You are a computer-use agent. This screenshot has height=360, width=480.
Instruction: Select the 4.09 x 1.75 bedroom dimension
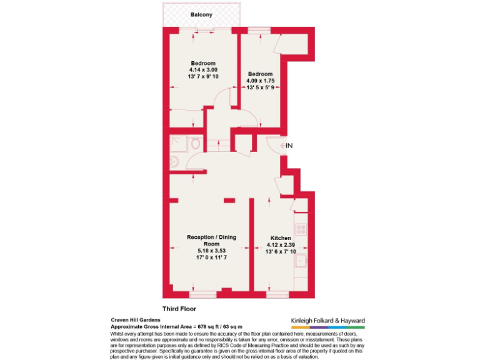pyautogui.click(x=260, y=81)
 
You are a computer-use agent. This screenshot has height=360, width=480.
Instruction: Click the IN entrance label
pyautogui.click(x=289, y=146)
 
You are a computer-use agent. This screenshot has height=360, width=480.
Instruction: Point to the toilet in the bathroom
pyautogui.click(x=196, y=144)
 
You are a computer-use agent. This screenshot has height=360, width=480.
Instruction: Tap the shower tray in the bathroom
pyautogui.click(x=178, y=143)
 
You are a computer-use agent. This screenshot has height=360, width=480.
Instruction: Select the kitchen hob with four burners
pyautogui.click(x=301, y=229)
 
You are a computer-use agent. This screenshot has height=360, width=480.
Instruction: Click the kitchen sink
pyautogui.click(x=301, y=261)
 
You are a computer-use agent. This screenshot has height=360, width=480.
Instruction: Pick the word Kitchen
pyautogui.click(x=280, y=238)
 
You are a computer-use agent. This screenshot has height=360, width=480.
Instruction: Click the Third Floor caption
pyautogui.click(x=179, y=309)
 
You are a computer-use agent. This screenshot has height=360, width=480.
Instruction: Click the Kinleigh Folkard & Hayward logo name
pyautogui.click(x=327, y=321)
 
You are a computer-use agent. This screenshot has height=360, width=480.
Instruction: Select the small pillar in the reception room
pyautogui.click(x=229, y=200)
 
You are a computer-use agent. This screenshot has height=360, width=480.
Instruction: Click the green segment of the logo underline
pyautogui.click(x=356, y=327)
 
